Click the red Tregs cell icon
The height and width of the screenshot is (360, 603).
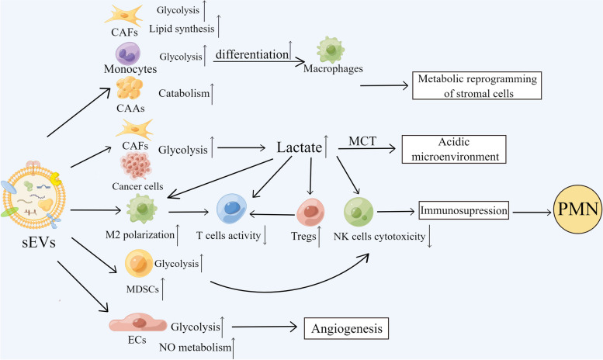point(310,211)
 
